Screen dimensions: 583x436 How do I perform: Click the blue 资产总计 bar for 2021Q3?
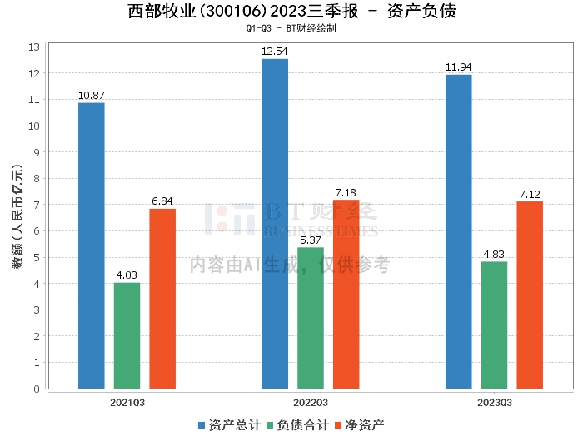92,245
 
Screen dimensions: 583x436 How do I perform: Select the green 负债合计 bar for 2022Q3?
311,318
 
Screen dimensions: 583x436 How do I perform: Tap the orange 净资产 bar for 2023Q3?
530,295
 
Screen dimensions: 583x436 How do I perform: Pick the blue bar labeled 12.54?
275,224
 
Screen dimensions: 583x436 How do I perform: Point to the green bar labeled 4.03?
127,335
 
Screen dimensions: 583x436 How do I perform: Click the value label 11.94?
458,67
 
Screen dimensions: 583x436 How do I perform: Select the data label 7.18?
346,193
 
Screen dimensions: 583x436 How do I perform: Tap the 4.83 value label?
494,255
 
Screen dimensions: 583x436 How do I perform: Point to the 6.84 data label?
162,201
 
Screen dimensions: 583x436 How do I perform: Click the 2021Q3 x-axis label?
127,403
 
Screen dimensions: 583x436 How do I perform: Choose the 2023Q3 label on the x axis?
495,403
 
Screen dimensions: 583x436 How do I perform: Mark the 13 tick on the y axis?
34,47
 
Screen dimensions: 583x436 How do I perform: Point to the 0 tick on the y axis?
37,389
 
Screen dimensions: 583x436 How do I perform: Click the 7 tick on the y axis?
37,205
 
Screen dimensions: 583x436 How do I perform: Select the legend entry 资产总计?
229,425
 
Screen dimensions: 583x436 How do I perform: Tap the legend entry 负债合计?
298,425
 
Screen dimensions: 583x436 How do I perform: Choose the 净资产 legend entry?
360,425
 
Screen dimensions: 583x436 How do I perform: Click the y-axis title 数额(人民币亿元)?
17,216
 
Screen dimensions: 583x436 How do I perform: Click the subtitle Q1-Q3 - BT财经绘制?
291,28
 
